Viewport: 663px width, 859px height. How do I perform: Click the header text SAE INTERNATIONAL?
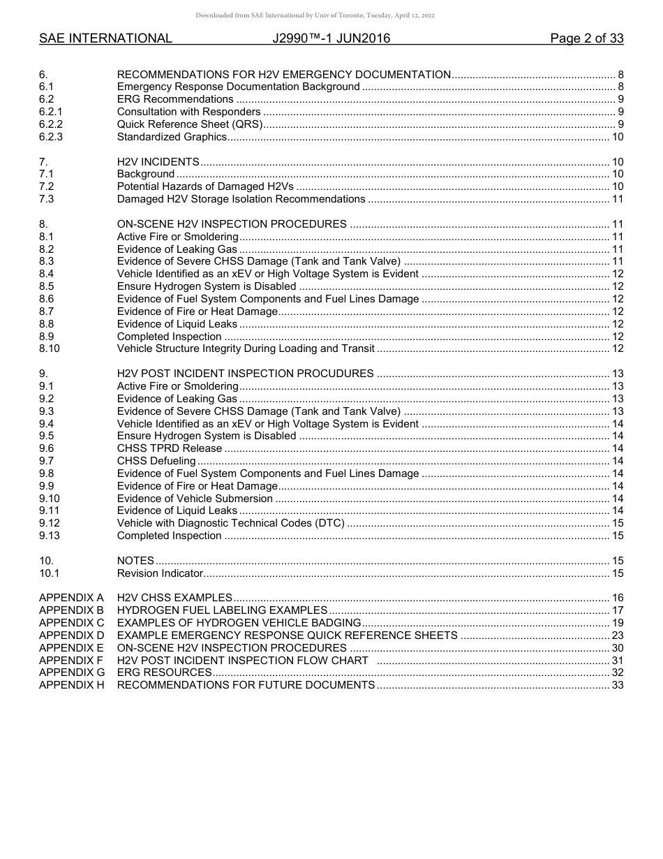(x=105, y=38)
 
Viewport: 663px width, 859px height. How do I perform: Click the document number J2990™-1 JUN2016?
(x=331, y=38)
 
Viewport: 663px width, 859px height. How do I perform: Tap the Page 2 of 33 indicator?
(x=586, y=38)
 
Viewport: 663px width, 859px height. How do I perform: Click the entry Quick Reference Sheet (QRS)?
(x=189, y=124)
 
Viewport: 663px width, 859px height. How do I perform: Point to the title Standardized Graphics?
(x=172, y=137)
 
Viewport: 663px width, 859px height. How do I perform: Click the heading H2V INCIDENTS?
(x=158, y=162)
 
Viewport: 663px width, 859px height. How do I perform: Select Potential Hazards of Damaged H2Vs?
(x=205, y=186)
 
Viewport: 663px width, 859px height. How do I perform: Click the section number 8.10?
(x=50, y=348)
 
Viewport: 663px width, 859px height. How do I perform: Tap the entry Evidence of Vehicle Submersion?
(x=195, y=499)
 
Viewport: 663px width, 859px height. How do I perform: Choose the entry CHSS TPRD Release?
(x=170, y=448)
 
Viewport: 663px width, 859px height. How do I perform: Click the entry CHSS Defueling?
(x=156, y=461)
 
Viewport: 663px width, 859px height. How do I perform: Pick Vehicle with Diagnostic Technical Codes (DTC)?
(x=230, y=523)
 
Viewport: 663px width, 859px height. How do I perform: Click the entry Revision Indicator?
(x=160, y=573)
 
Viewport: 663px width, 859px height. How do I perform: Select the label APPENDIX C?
(x=71, y=623)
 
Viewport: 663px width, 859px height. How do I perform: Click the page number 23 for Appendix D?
(x=617, y=636)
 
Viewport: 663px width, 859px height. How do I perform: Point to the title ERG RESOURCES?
(x=164, y=673)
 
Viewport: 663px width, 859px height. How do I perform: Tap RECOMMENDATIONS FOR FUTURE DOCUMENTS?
(x=246, y=685)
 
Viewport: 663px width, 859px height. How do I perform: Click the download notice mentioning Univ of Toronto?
(x=315, y=15)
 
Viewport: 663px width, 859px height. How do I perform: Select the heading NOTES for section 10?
(x=135, y=561)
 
